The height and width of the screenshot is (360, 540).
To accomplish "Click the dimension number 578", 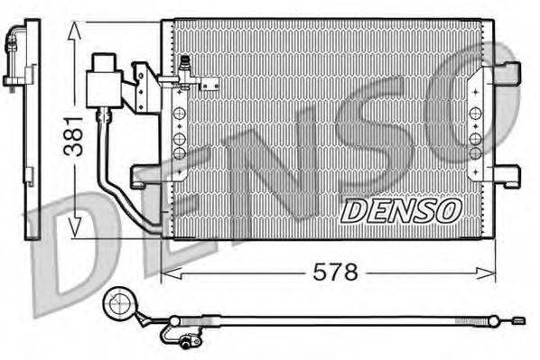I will click(336, 271).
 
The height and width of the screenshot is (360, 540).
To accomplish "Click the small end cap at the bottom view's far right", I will click(517, 319).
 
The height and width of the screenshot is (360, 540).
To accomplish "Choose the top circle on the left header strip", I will click(179, 113).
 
